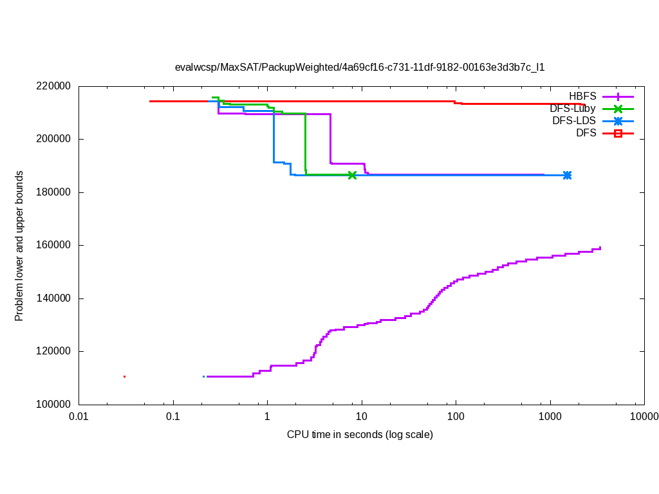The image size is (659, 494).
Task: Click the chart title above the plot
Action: pos(360,67)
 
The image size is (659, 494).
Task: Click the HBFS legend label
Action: pos(582,96)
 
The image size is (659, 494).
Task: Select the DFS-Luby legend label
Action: pos(572,109)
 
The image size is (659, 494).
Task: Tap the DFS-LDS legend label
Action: pos(573,121)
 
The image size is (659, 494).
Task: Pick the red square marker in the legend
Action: pos(618,133)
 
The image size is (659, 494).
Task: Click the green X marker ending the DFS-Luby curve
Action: pos(352,175)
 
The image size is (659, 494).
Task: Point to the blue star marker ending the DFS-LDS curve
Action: pos(567,175)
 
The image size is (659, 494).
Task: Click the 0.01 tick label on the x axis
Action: pos(79,417)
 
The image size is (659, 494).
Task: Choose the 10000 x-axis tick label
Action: pos(644,417)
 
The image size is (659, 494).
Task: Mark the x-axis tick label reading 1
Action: pos(267,417)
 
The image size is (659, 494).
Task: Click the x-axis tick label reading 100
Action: pos(456,417)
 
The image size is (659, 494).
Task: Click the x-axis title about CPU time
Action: pos(360,435)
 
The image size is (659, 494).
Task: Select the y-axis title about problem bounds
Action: pos(19,246)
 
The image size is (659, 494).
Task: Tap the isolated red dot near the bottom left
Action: pos(124,376)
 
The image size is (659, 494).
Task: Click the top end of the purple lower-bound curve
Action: pos(600,248)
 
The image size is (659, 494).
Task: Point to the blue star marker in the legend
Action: pos(618,121)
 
